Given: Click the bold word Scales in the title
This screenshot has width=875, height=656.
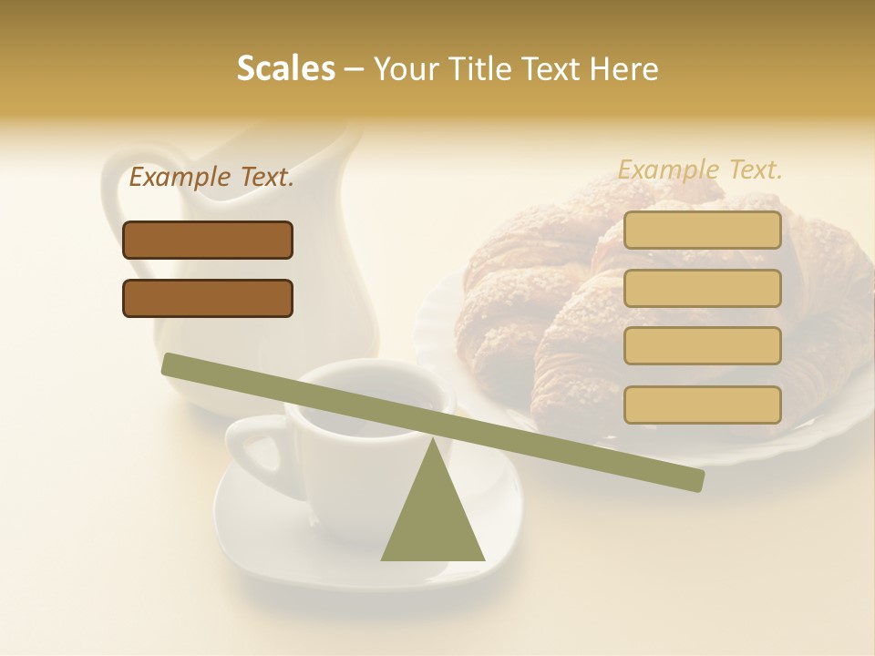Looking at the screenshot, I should (285, 69).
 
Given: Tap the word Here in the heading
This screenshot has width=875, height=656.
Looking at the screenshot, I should (624, 69).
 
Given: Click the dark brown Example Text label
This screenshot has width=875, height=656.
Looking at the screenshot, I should (211, 178).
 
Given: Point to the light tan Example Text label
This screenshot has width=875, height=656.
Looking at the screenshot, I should (700, 169).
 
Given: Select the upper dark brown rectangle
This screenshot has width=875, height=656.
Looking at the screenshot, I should (208, 240).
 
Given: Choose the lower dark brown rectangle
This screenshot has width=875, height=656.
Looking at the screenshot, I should (208, 298).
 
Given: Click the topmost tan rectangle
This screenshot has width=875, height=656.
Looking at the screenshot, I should (702, 231).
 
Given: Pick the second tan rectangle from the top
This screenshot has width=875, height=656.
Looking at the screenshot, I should (702, 288).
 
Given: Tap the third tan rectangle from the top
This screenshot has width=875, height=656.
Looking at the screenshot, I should (702, 346).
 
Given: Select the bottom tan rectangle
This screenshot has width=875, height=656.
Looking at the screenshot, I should (702, 405).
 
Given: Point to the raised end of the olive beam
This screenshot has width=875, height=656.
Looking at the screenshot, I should (173, 364).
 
